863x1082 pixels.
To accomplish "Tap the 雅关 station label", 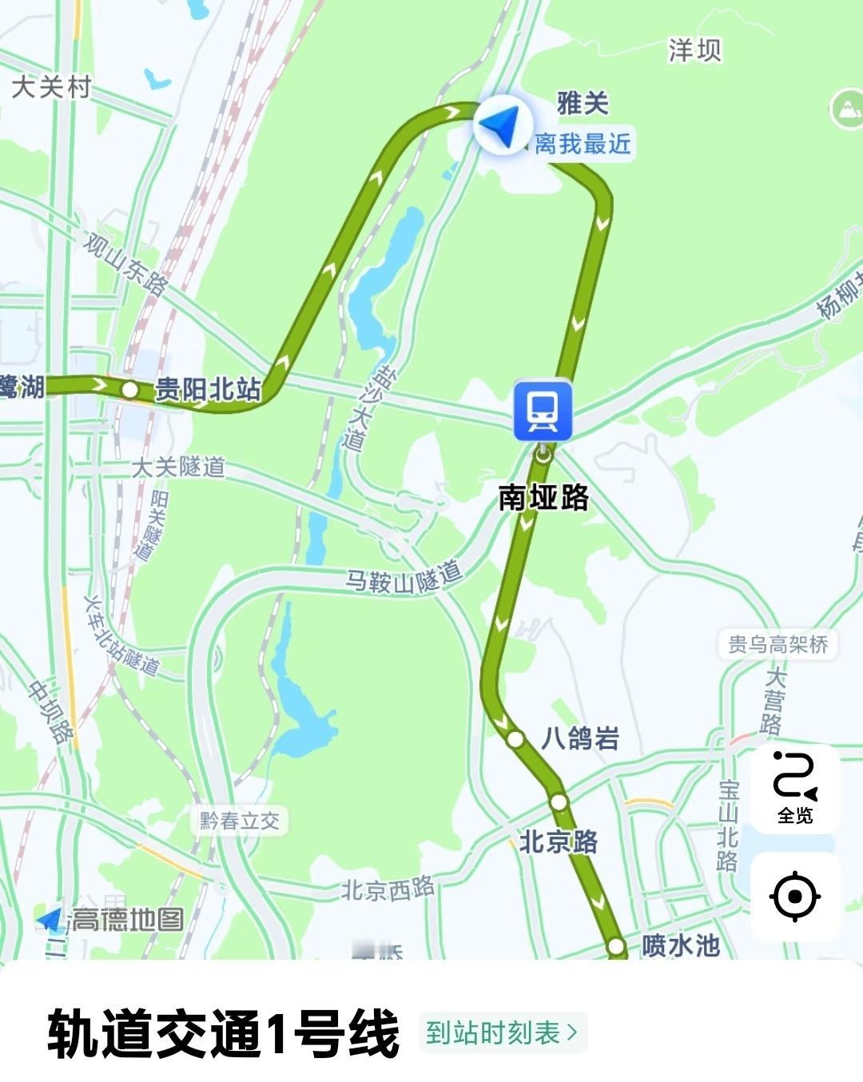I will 583,103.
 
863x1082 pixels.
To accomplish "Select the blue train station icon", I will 543,411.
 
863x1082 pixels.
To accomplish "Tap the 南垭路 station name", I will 543,497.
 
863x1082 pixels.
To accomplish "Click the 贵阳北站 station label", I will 208,389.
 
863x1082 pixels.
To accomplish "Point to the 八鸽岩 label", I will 580,738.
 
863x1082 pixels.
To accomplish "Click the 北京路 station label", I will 558,841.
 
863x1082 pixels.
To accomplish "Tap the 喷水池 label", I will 680,945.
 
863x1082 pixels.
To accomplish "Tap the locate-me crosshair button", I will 794,897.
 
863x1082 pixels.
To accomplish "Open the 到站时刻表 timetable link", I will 502,1032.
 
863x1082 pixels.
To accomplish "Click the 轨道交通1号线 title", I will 223,1033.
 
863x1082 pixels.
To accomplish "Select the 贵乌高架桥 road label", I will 777,644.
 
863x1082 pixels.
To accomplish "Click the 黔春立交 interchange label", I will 239,821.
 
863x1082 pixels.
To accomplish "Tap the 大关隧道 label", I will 178,467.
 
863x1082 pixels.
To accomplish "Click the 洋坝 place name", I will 694,50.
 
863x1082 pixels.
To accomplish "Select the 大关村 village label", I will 51,86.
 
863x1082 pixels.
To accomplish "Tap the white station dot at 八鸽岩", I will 515,739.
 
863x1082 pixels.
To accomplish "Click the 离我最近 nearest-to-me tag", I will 583,145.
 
